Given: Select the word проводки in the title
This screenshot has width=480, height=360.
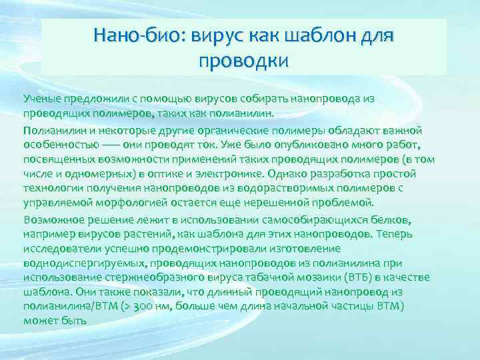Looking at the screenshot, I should [243, 61].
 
